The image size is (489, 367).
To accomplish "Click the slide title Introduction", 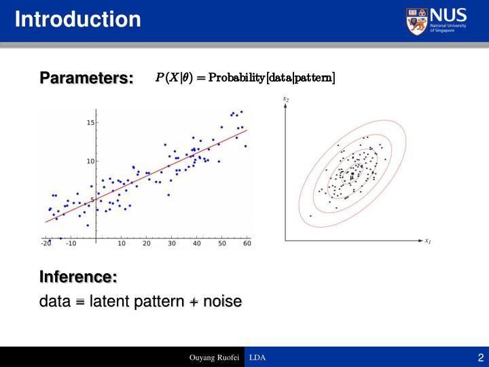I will [x=78, y=18].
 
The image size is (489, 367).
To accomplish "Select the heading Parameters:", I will [x=86, y=78].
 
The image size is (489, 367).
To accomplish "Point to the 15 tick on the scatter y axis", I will [x=90, y=123].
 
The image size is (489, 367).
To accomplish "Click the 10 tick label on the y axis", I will [x=90, y=161].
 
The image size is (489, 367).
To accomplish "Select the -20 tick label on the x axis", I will [x=46, y=243].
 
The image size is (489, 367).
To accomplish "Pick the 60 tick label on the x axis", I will [x=247, y=243].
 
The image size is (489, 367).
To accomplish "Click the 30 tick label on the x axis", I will [x=172, y=243].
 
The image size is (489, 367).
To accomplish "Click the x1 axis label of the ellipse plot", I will [x=429, y=241].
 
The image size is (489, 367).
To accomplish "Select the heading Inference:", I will [x=78, y=277].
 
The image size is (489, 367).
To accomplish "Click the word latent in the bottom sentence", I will [x=111, y=301].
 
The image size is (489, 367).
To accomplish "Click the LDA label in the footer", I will [x=257, y=357].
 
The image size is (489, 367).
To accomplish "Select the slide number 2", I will [x=480, y=357].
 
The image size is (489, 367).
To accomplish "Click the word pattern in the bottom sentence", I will [x=159, y=301].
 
